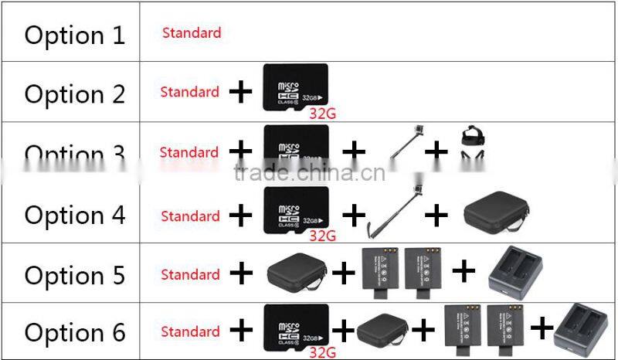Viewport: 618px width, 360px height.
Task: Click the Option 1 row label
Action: pyautogui.click(x=74, y=36)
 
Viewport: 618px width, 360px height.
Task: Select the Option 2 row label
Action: pyautogui.click(x=74, y=94)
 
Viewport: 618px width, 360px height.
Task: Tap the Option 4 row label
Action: pyautogui.click(x=74, y=215)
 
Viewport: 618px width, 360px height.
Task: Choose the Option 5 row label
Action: pyautogui.click(x=74, y=275)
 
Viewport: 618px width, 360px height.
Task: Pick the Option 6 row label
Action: pyautogui.click(x=74, y=333)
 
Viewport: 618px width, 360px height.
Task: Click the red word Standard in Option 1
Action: pyautogui.click(x=192, y=33)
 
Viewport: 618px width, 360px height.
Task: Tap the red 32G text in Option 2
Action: pyautogui.click(x=322, y=114)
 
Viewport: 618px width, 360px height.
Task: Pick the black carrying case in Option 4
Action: pyautogui.click(x=496, y=212)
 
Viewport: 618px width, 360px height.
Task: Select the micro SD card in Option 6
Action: pyautogui.click(x=296, y=324)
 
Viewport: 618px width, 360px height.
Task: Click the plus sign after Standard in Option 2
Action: pyautogui.click(x=241, y=93)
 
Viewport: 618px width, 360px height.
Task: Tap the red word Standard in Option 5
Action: pyautogui.click(x=190, y=274)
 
